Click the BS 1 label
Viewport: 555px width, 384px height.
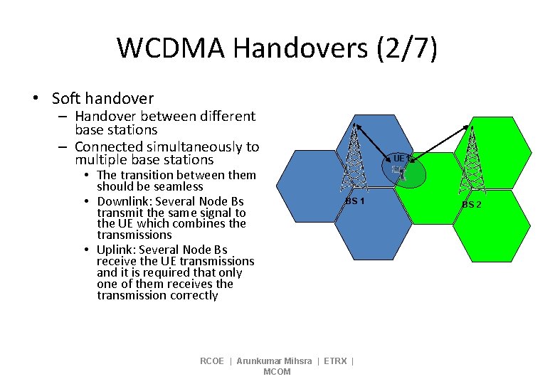click(354, 201)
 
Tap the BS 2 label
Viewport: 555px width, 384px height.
click(471, 205)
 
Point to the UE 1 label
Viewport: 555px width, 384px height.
click(400, 158)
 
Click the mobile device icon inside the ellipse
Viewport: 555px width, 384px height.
click(399, 171)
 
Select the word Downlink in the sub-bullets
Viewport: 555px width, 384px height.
click(125, 201)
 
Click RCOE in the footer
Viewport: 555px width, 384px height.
click(212, 361)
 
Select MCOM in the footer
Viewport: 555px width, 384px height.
click(277, 372)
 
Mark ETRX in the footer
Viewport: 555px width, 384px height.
click(335, 361)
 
